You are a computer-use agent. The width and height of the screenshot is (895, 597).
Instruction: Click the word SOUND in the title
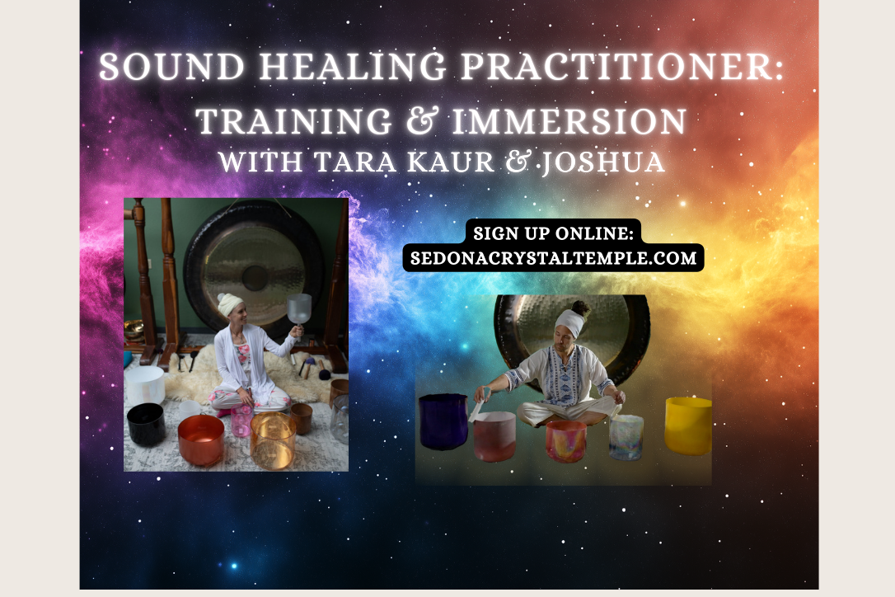171,67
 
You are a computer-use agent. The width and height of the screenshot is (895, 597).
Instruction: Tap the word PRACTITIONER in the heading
622,67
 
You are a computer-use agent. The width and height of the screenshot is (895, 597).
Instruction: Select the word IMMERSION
569,121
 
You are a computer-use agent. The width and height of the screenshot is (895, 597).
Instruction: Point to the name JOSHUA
602,162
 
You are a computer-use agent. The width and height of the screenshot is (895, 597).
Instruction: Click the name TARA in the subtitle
355,162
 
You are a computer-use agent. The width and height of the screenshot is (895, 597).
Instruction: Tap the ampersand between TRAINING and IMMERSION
423,121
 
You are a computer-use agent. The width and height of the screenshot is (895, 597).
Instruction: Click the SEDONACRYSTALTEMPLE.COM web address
553,258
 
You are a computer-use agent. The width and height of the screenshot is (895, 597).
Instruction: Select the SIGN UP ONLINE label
553,233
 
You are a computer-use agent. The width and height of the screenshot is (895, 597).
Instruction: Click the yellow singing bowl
688,425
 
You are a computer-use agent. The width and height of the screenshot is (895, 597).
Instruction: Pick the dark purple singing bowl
443,421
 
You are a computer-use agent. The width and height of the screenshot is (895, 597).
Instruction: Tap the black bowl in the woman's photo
146,425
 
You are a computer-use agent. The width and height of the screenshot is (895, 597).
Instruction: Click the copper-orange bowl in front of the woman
201,440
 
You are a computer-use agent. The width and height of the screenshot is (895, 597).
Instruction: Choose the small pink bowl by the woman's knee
241,421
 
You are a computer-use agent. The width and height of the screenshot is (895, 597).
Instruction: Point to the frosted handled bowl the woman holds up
298,310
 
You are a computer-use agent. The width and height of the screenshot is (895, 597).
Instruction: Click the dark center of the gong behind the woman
255,278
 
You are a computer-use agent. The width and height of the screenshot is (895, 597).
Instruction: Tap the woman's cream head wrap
229,304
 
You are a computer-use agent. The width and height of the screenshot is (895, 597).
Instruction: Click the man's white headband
570,322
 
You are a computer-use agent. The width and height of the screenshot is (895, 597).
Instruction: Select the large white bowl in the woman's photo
145,386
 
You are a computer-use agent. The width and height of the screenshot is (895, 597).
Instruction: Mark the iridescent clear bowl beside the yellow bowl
626,437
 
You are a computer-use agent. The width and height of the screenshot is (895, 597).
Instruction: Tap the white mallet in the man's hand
478,406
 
